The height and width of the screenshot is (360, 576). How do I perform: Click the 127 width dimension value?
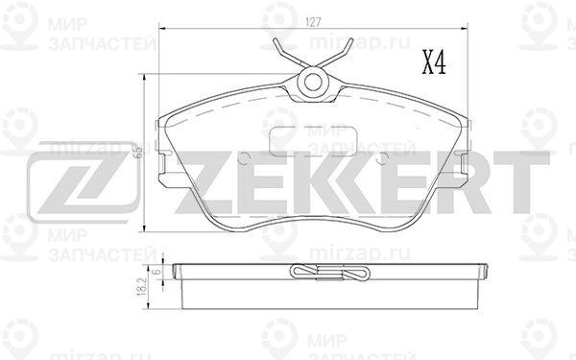313,23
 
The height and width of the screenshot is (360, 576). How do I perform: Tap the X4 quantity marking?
434,62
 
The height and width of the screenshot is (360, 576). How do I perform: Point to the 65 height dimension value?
138,152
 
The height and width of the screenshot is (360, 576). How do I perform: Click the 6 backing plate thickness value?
157,272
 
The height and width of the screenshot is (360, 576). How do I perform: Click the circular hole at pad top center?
313,83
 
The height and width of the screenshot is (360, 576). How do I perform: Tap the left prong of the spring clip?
288,53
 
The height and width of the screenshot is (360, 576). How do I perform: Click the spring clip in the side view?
329,273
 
